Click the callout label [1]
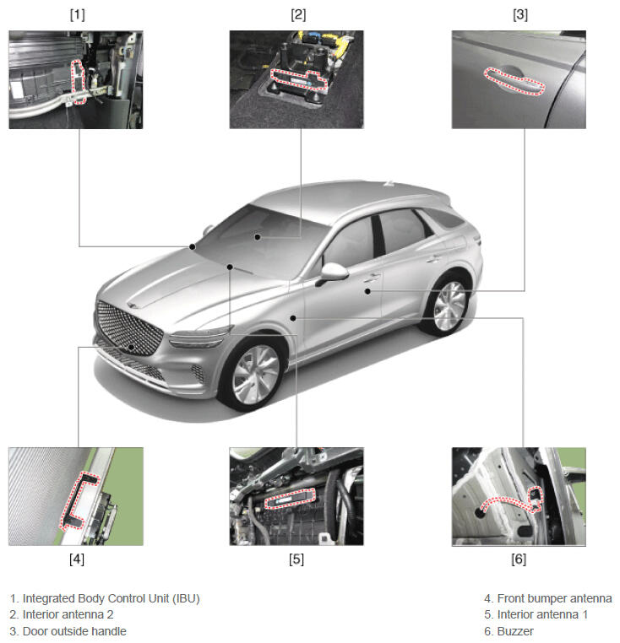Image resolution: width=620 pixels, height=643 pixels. tap(77, 14)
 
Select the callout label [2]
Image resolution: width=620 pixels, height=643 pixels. tap(298, 14)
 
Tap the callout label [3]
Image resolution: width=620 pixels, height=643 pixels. tap(520, 14)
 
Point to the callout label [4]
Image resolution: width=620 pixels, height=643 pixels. tap(77, 559)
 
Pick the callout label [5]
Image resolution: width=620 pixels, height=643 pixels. tap(296, 559)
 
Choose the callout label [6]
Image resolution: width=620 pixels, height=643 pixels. tap(519, 559)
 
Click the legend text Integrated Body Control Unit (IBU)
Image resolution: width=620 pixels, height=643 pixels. tap(111, 599)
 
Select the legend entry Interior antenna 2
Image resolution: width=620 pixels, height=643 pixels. tap(68, 614)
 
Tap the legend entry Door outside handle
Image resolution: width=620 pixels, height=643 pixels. tap(74, 631)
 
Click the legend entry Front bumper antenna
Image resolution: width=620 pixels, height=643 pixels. tap(554, 599)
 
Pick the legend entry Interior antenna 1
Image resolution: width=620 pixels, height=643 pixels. tap(542, 614)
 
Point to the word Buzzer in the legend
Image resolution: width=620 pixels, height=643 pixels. tap(515, 631)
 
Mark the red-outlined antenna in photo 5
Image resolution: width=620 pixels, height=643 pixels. tap(290, 499)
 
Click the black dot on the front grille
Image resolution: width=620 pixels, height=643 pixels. tap(131, 347)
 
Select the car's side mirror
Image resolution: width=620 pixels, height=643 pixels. tap(333, 273)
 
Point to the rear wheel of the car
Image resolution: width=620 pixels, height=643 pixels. tap(449, 305)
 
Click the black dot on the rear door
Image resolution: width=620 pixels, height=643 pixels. tap(368, 291)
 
